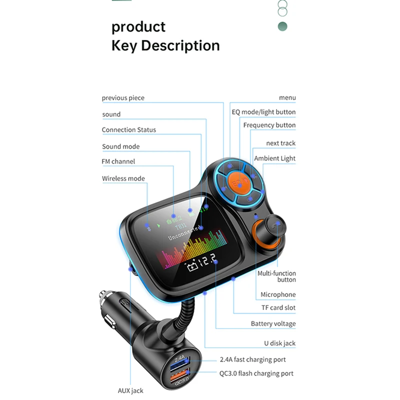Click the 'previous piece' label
pyautogui.click(x=123, y=98)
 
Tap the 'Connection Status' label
pyautogui.click(x=128, y=130)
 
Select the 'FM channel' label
pyautogui.click(x=118, y=161)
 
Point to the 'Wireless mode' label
pyautogui.click(x=123, y=178)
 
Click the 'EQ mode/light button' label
pyautogui.click(x=263, y=112)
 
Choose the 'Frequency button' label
pyautogui.click(x=269, y=125)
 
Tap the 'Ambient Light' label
pyautogui.click(x=274, y=158)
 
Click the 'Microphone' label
pyautogui.click(x=277, y=294)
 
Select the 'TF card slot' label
pyautogui.click(x=278, y=308)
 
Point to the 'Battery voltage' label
pyautogui.click(x=273, y=324)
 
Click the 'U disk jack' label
pyautogui.click(x=279, y=343)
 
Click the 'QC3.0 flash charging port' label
pyautogui.click(x=256, y=373)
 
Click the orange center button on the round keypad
pyautogui.click(x=240, y=184)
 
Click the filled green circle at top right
pyautogui.click(x=282, y=26)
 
